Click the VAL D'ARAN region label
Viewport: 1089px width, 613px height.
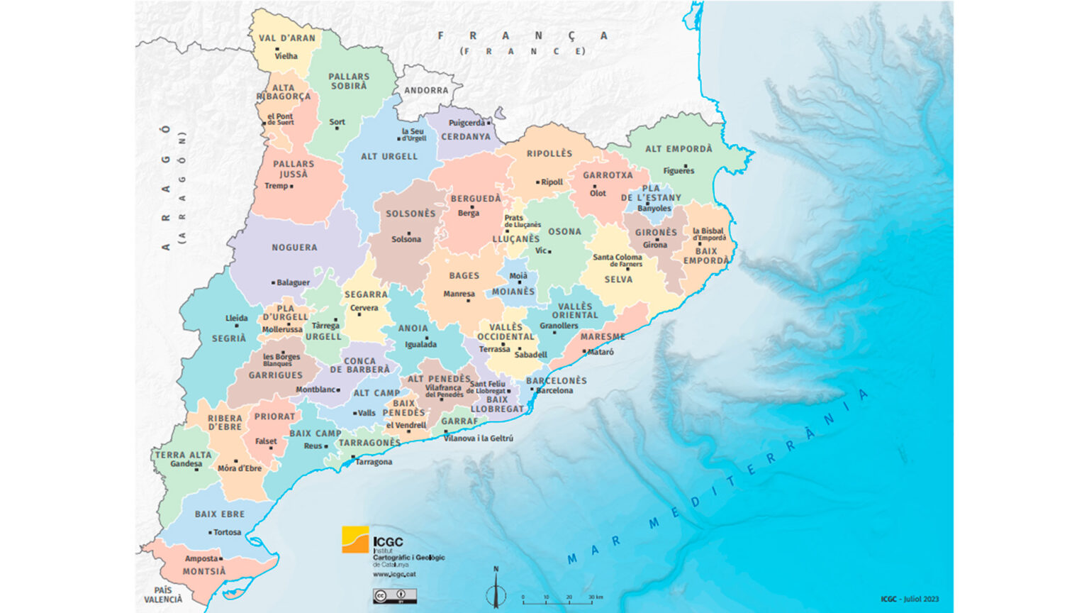(287, 38)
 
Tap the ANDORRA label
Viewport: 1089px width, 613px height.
(426, 91)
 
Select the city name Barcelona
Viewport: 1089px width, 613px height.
(554, 390)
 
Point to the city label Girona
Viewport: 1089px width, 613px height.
(655, 245)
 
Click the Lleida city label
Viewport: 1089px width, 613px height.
(237, 318)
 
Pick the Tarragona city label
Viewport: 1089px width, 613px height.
(374, 462)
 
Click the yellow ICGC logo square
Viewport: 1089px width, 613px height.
(355, 539)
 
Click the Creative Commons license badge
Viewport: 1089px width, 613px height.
(395, 595)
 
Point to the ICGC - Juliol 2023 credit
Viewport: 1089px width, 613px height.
(910, 599)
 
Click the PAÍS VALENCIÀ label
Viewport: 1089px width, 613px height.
(163, 595)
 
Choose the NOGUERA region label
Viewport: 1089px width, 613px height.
(294, 248)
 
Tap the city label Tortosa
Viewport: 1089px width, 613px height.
(228, 532)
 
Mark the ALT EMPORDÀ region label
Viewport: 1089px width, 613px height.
(678, 149)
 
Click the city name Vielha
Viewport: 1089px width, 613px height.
(286, 56)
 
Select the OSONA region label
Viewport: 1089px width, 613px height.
(564, 231)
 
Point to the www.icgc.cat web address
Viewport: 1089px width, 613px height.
(394, 574)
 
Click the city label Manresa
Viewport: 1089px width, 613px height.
(459, 294)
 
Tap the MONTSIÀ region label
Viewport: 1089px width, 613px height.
(204, 571)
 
